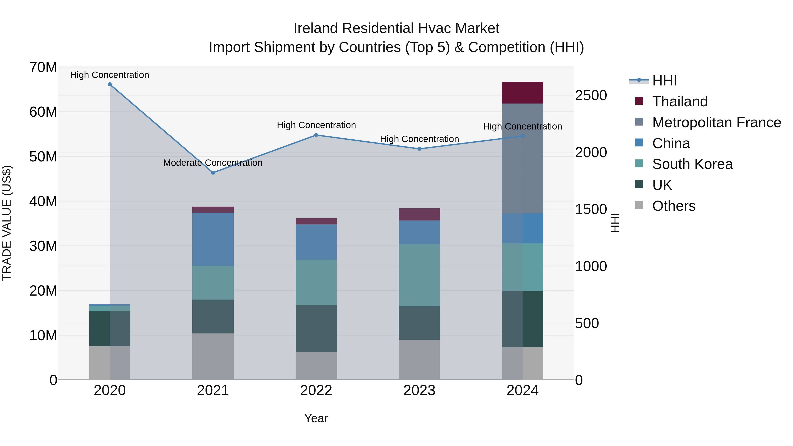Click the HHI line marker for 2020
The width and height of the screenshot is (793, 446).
click(110, 84)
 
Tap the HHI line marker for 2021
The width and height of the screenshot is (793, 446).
click(213, 173)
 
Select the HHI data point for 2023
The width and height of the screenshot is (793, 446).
click(419, 149)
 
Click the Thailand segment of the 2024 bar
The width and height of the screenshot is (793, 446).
click(522, 93)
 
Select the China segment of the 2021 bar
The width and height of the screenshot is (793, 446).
click(213, 239)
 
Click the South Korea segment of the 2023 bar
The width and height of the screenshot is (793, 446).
click(419, 275)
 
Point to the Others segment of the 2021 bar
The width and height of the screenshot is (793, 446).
click(213, 356)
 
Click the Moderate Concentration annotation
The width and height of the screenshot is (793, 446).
click(213, 163)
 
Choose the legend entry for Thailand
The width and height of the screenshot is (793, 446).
click(680, 102)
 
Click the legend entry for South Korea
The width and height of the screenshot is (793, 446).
click(692, 164)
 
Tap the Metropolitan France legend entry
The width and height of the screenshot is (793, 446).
click(716, 122)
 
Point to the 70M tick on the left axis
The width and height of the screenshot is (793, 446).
click(43, 67)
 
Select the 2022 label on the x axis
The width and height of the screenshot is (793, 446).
click(316, 390)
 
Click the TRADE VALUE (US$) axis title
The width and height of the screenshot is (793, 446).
click(7, 223)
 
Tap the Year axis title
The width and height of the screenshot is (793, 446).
click(316, 418)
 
